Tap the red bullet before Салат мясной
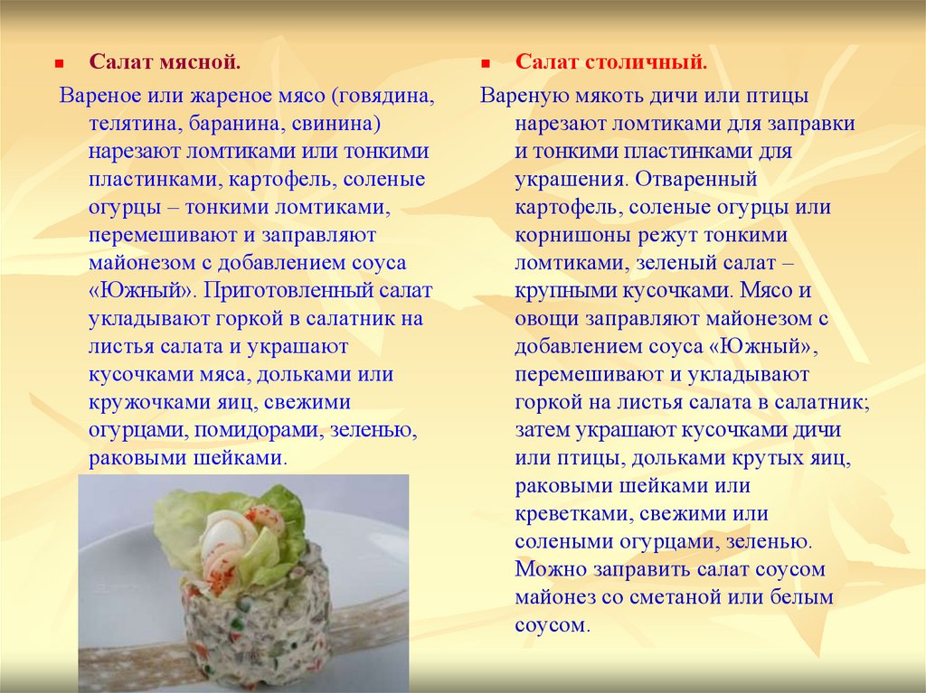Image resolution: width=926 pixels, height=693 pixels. [x=59, y=63]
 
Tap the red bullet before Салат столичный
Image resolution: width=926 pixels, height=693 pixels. [x=486, y=63]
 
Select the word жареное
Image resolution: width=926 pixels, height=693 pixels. [x=231, y=96]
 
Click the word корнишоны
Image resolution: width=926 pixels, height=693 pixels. [x=572, y=236]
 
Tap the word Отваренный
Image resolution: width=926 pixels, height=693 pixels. [x=695, y=180]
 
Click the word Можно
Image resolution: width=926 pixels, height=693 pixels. [x=551, y=569]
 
